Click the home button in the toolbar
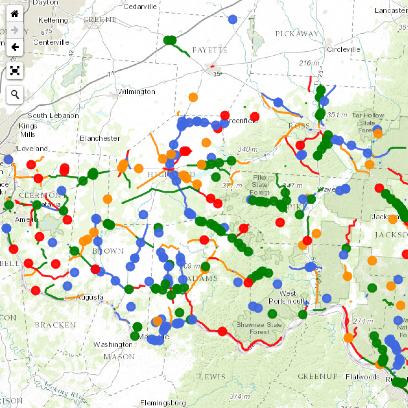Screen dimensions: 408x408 15,14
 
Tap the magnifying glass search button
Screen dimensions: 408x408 15,94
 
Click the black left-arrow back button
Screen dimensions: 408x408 15,47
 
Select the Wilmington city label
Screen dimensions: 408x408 136,92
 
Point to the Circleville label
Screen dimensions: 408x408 343,50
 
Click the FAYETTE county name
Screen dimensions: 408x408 209,50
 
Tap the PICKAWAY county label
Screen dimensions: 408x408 297,34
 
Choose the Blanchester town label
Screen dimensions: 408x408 100,138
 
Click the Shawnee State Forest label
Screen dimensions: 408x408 259,328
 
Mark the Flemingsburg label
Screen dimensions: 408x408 163,403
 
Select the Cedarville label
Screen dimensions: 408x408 140,7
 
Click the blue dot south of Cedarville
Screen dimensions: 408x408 233,19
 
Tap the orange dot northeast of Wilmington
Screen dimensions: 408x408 193,97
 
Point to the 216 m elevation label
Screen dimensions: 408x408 309,63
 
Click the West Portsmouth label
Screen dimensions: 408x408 288,297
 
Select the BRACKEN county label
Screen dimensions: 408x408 55,325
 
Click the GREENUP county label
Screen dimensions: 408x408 318,376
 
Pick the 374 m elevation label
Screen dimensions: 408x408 240,396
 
